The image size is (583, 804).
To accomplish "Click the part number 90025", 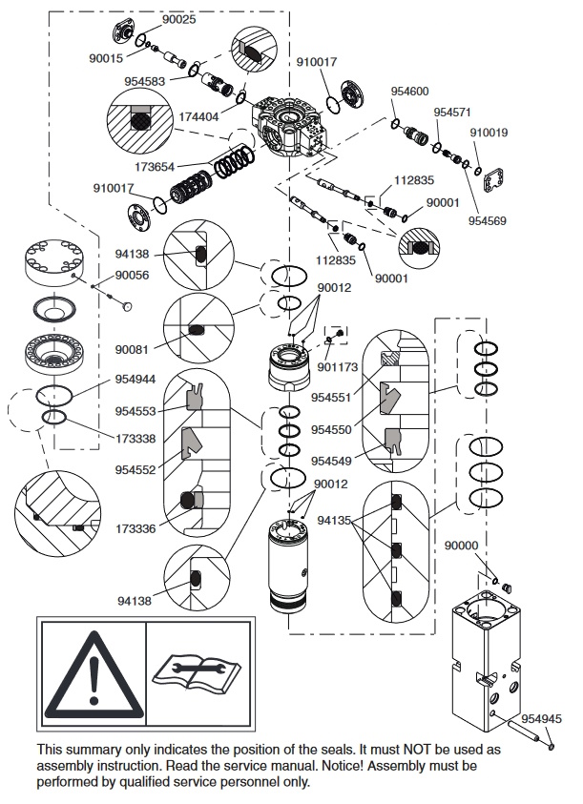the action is click(179, 19).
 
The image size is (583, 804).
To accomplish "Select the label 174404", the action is click(198, 117).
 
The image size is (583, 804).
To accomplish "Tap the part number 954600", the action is click(409, 92).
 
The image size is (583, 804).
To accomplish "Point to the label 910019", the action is click(489, 133).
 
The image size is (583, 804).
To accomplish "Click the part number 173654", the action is click(155, 167).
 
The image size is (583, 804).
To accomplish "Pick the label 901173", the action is click(337, 367).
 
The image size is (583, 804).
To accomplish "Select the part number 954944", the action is click(135, 380).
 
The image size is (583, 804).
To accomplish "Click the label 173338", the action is click(135, 439).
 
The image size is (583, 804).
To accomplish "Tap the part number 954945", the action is click(541, 719).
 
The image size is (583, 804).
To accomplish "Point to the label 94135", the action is click(334, 521).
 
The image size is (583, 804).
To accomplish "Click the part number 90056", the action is click(132, 276).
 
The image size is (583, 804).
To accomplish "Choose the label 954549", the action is click(331, 461).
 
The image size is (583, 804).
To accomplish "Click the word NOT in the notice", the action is click(417, 750).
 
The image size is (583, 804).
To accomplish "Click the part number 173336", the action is click(135, 528).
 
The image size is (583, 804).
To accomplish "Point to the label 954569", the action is click(487, 221).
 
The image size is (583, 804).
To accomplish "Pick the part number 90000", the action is click(461, 546).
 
